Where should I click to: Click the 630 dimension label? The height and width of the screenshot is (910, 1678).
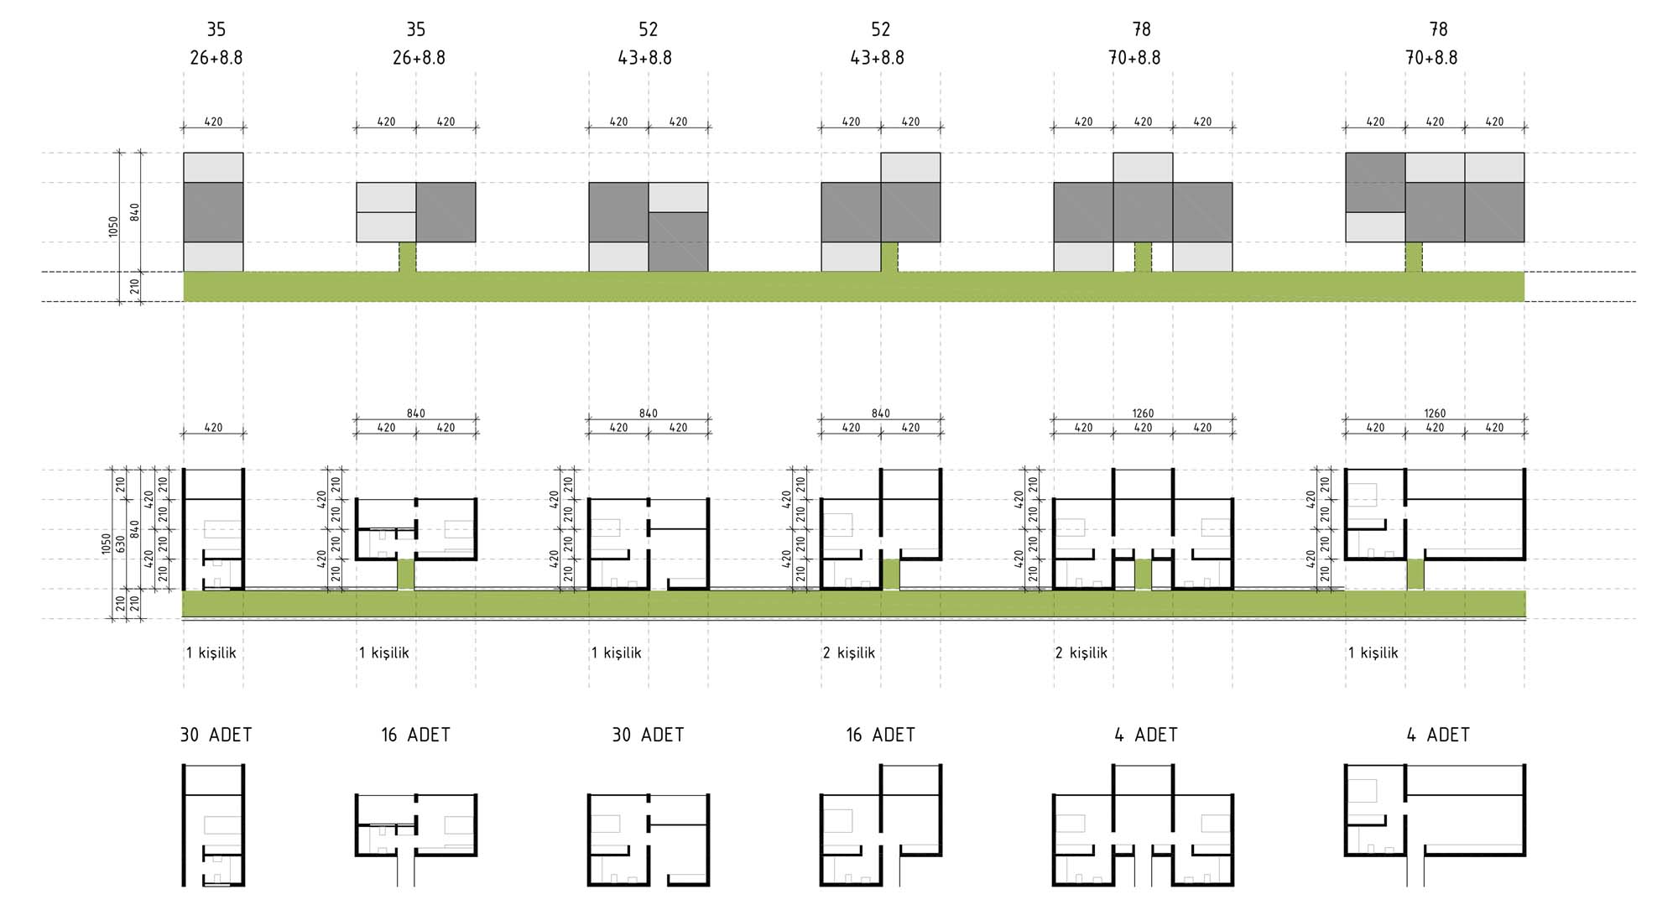tap(120, 543)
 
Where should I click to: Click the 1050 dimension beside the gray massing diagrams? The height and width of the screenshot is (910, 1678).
tap(113, 226)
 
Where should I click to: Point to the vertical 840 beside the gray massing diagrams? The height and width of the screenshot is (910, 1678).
tap(135, 211)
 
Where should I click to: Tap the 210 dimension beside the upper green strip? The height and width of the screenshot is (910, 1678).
tap(135, 287)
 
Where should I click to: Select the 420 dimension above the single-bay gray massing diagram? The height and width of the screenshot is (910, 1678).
tap(214, 122)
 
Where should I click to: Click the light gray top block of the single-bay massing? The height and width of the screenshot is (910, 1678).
tap(213, 168)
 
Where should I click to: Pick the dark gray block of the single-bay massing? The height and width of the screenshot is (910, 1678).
tap(213, 212)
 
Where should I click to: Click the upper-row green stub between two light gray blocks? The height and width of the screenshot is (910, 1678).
tap(1143, 257)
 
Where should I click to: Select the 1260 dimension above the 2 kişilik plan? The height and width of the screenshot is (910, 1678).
tap(1143, 413)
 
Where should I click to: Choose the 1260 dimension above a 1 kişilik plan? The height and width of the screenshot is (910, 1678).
tap(1435, 413)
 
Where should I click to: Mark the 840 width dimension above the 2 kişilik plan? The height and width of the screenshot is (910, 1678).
tap(881, 413)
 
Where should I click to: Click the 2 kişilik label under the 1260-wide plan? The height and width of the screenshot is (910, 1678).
tap(1081, 653)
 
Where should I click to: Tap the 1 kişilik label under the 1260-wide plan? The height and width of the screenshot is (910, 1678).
tap(1373, 653)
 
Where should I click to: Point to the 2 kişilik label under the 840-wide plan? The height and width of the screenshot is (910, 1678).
tap(849, 653)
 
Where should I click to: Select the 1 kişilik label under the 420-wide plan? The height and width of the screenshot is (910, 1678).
tap(211, 653)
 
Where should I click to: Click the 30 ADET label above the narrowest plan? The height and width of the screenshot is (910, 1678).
tap(216, 735)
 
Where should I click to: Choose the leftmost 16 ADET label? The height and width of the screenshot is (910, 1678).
tap(415, 735)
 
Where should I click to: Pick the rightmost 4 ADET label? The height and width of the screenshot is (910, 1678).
tap(1438, 735)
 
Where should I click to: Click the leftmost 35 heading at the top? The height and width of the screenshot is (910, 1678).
tap(216, 29)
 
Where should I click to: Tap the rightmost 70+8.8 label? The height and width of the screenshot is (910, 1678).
tap(1431, 58)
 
